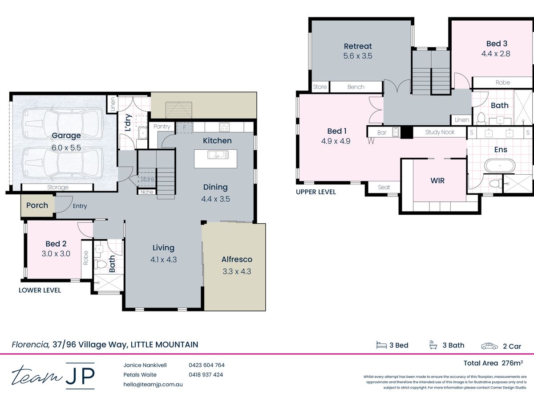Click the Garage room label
point(66,135)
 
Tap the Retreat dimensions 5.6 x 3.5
point(358,56)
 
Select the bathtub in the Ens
point(500,166)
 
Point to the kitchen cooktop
point(224,127)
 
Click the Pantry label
point(162,127)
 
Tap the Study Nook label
point(440,132)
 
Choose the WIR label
point(437,180)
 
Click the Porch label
point(37,205)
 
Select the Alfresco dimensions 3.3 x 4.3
point(237,271)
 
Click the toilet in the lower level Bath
point(101,264)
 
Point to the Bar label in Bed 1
point(382,132)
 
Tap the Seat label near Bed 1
point(384,187)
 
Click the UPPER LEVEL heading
point(316,192)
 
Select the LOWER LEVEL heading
point(40,290)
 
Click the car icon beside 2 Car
point(489,346)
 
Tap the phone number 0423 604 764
point(206,365)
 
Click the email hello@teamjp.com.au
point(153,385)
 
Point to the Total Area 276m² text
point(493,363)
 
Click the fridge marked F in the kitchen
point(184,127)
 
